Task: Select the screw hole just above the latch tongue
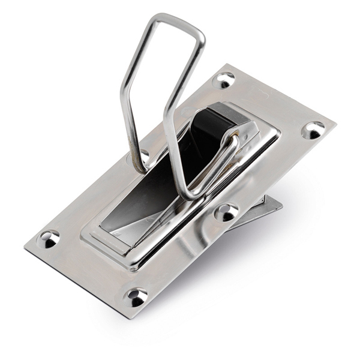(x=226, y=212)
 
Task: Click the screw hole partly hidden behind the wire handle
(x=143, y=157)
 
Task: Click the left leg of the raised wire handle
(x=129, y=90)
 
